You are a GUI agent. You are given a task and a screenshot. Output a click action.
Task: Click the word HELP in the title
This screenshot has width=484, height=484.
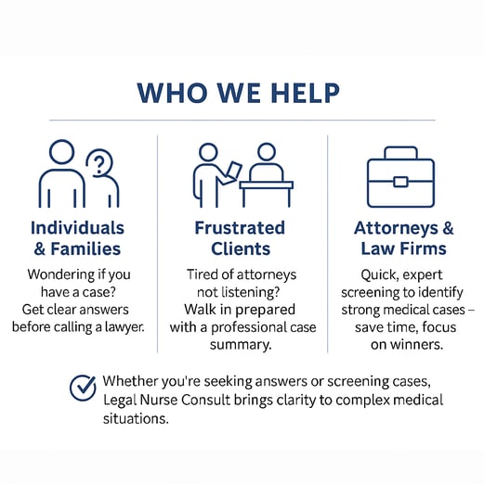coord(306,93)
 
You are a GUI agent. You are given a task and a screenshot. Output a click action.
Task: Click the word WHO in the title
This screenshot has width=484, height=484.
coord(173,93)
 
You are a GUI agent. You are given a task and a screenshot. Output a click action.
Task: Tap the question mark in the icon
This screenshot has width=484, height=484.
coord(99,165)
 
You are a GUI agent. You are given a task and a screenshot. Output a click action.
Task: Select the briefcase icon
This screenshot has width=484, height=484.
coord(400,177)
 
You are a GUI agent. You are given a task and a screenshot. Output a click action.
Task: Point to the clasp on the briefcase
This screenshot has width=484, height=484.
coord(400,182)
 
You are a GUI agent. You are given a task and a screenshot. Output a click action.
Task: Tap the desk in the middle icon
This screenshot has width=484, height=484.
coord(267,193)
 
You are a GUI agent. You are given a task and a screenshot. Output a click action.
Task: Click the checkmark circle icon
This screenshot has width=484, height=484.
coord(83,388)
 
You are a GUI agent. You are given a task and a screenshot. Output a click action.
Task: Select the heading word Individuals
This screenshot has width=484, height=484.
coord(77,228)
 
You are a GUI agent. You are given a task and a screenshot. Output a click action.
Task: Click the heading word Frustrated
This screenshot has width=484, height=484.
coord(240,228)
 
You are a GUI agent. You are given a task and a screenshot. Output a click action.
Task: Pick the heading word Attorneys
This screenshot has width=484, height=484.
coord(396,229)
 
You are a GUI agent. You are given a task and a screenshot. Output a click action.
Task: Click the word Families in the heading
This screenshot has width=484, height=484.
coord(85,248)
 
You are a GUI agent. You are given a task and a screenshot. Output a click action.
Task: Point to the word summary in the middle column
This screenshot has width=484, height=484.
coord(241,345)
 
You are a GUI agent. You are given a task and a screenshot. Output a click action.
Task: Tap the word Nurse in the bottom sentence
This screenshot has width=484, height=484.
coord(158,400)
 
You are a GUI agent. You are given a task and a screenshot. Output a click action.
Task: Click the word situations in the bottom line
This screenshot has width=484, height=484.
coord(136,419)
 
